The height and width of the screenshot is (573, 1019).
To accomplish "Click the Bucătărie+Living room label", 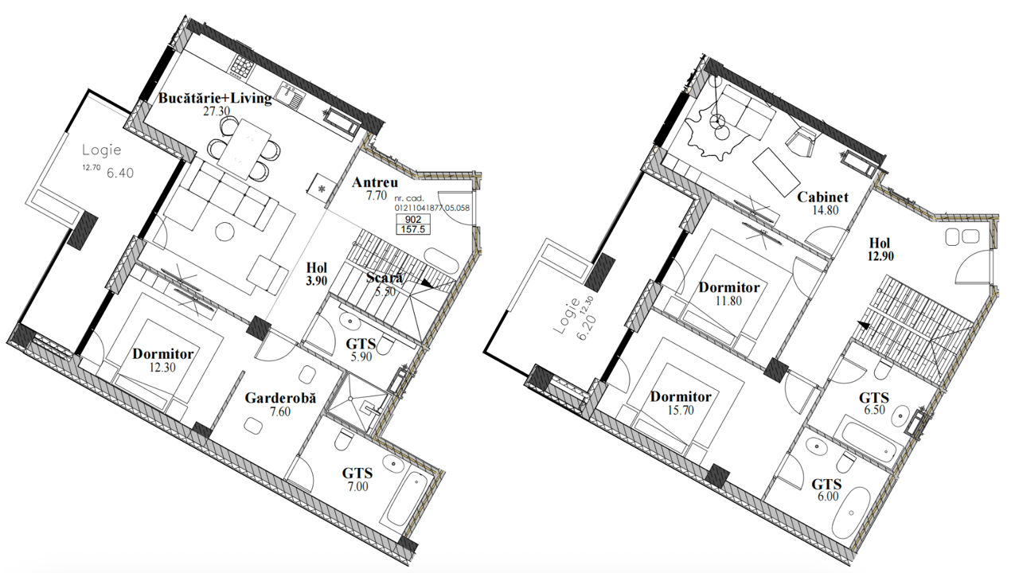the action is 215,98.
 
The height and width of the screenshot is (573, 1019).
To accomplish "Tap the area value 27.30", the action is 217,111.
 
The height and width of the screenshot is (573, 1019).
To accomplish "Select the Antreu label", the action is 375,182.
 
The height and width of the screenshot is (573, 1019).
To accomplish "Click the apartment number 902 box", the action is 412,219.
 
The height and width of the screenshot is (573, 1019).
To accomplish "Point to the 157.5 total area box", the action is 412,229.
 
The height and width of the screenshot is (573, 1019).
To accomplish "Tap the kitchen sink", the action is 290,96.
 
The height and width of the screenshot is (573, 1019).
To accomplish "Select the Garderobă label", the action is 280,399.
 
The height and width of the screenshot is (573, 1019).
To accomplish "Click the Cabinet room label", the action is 822,197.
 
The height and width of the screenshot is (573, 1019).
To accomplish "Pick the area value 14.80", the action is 825,210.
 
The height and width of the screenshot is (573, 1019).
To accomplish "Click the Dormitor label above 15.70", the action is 681,396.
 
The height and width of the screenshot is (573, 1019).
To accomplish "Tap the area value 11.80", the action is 728,301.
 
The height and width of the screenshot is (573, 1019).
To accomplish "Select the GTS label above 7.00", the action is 357,474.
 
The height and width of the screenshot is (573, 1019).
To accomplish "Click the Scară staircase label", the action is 385,278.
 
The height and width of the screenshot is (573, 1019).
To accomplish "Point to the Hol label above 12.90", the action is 880,243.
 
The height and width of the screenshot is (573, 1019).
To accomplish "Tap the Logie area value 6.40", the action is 120,173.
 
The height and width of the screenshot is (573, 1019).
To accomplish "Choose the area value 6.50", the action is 874,410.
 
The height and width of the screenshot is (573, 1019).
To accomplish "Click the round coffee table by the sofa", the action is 224,232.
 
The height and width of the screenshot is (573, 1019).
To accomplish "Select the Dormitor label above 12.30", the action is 163,354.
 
